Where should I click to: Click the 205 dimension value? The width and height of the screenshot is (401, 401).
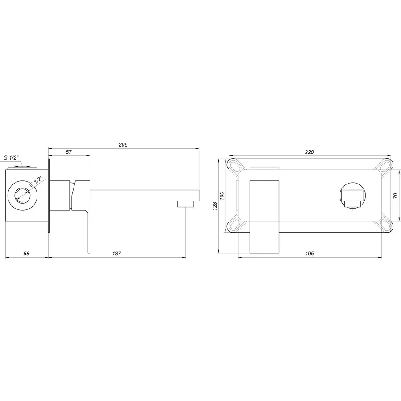click(x=123, y=145)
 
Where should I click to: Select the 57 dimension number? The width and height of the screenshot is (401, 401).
click(x=69, y=152)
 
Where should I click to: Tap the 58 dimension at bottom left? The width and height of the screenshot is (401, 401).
click(x=26, y=253)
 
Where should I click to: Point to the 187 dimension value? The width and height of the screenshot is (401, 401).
click(x=116, y=253)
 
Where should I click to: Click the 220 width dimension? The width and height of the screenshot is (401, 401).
click(x=310, y=152)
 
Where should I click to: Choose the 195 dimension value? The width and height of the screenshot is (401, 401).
click(x=310, y=253)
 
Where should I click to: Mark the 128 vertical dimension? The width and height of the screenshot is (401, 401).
click(x=215, y=205)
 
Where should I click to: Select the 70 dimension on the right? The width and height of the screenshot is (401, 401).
click(x=396, y=196)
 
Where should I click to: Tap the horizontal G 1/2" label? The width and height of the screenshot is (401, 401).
click(x=11, y=158)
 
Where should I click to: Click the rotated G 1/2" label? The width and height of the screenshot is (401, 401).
click(x=36, y=182)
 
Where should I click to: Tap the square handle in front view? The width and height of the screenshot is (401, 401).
click(x=265, y=216)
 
